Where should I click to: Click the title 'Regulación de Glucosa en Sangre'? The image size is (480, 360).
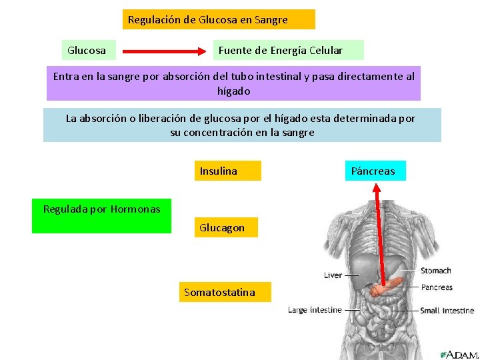pos(208,20)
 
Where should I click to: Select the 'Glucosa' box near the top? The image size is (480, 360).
pos(87,50)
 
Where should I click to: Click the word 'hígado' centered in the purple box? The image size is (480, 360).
pos(233,91)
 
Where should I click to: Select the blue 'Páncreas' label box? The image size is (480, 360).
pos(373,171)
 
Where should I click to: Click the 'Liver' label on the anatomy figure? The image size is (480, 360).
pos(333,275)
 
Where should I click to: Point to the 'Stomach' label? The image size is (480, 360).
pos(436,271)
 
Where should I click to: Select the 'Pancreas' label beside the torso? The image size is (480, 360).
pos(437,287)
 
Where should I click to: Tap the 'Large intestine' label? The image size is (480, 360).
pos(315,310)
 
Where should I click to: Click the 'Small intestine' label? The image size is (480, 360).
pos(447,311)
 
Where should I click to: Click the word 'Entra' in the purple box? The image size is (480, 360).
pos(65,77)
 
